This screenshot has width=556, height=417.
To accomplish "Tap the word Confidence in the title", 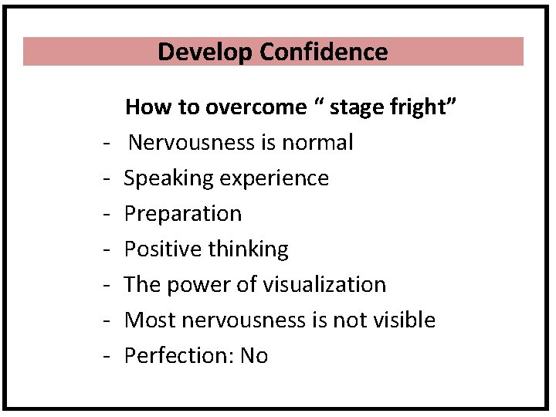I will pyautogui.click(x=324, y=52).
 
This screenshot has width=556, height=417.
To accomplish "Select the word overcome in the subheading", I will pyautogui.click(x=256, y=107).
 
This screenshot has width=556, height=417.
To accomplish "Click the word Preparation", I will pyautogui.click(x=183, y=214).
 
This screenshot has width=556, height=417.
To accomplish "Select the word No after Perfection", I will pyautogui.click(x=254, y=355).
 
